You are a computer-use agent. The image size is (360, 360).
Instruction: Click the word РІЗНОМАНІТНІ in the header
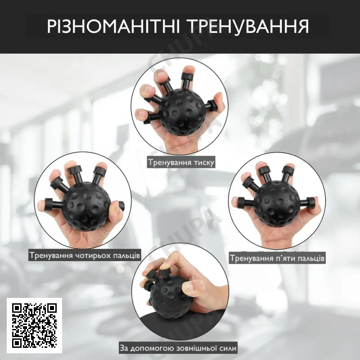113,27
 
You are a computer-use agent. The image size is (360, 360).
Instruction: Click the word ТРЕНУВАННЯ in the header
247,27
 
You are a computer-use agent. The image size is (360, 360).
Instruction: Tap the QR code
34,325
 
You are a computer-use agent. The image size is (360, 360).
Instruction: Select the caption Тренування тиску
181,162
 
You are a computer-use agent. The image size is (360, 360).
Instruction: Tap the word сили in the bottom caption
228,348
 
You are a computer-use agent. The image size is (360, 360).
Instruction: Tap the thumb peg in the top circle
211,105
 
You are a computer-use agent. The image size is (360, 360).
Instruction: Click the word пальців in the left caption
130,256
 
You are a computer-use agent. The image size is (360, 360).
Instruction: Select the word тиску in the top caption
204,163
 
